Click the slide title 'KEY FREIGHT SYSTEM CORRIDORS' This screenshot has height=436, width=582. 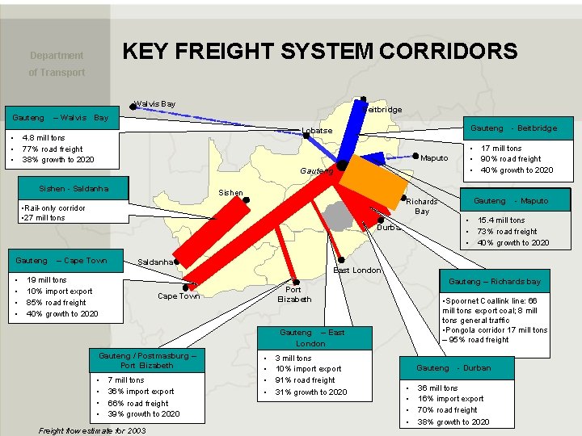point(319,52)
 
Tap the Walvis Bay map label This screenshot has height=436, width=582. point(155,104)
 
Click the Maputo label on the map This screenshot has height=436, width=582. point(434,158)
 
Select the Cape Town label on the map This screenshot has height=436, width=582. point(179,296)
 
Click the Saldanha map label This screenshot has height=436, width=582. point(155,262)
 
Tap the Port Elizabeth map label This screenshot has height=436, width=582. point(293,295)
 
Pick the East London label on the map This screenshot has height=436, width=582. point(356,270)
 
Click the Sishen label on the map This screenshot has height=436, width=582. point(230,194)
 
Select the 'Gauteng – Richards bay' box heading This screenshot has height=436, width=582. point(494,282)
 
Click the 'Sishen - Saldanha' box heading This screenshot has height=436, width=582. point(74,188)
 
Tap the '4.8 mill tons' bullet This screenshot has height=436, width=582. point(44,138)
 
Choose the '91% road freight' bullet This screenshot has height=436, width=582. point(305,380)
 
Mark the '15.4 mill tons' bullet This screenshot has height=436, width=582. point(501,220)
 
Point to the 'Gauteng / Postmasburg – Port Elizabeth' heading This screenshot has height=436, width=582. point(147,361)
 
